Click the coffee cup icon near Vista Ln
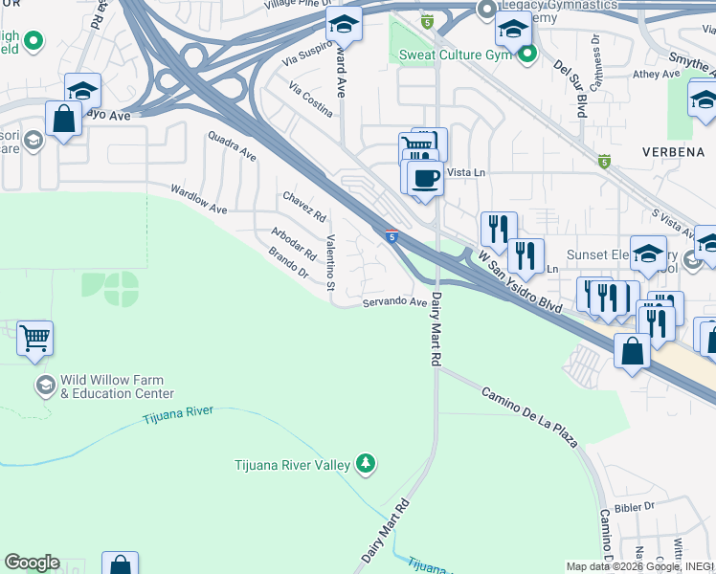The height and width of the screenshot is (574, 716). tap(425, 177)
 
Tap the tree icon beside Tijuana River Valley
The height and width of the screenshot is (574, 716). tap(365, 465)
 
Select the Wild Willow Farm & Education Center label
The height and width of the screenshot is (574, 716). tap(117, 386)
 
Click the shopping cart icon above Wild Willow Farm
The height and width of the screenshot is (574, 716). tap(34, 338)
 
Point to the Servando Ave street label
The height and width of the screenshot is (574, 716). tap(394, 302)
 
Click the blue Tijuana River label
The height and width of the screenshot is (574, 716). tap(179, 414)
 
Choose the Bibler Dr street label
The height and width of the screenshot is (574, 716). tap(636, 505)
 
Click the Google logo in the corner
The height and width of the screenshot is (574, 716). tap(32, 563)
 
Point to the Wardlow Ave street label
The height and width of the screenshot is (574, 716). tap(199, 197)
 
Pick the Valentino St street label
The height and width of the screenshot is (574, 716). tap(330, 263)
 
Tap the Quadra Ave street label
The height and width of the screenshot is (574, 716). tap(233, 146)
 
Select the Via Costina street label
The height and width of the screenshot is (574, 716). tap(311, 100)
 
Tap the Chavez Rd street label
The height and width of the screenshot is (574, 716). tap(304, 208)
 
